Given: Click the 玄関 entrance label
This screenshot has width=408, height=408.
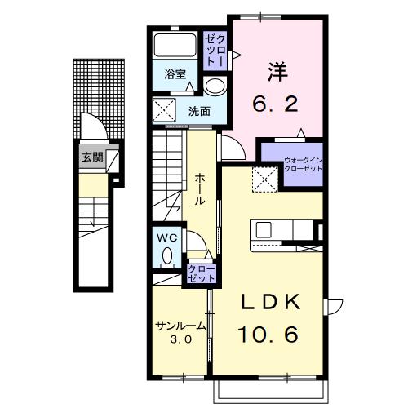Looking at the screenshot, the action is point(93,157).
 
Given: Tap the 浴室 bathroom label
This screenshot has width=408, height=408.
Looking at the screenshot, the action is point(175,74).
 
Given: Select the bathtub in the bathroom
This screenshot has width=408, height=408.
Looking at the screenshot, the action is point(175,44).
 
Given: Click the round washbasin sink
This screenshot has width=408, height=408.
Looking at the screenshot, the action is point(215,86).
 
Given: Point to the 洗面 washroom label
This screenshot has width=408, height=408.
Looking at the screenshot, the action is point(199,111).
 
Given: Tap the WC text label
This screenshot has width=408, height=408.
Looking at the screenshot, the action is point(167,238).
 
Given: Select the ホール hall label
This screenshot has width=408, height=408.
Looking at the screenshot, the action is point(200,189).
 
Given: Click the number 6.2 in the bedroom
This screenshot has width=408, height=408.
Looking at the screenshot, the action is point(275,104).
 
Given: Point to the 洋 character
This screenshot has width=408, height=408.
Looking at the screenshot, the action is point(278,72).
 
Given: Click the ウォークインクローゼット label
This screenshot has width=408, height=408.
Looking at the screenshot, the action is point(303,164).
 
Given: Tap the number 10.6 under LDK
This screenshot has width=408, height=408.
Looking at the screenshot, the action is point(268,335).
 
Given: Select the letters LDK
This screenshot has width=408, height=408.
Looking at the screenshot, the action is point(271,302).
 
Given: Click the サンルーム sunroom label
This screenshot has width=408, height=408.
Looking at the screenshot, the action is point(180,326).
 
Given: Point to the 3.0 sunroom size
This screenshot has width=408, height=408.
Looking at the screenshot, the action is point(181,339).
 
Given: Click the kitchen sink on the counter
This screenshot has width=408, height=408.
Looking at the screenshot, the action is point(264,229).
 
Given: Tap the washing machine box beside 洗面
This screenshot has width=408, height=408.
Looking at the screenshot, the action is point(164,110).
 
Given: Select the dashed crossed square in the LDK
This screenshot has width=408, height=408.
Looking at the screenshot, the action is point(265,180).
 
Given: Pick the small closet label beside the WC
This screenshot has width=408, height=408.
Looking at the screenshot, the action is point(202,273).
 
